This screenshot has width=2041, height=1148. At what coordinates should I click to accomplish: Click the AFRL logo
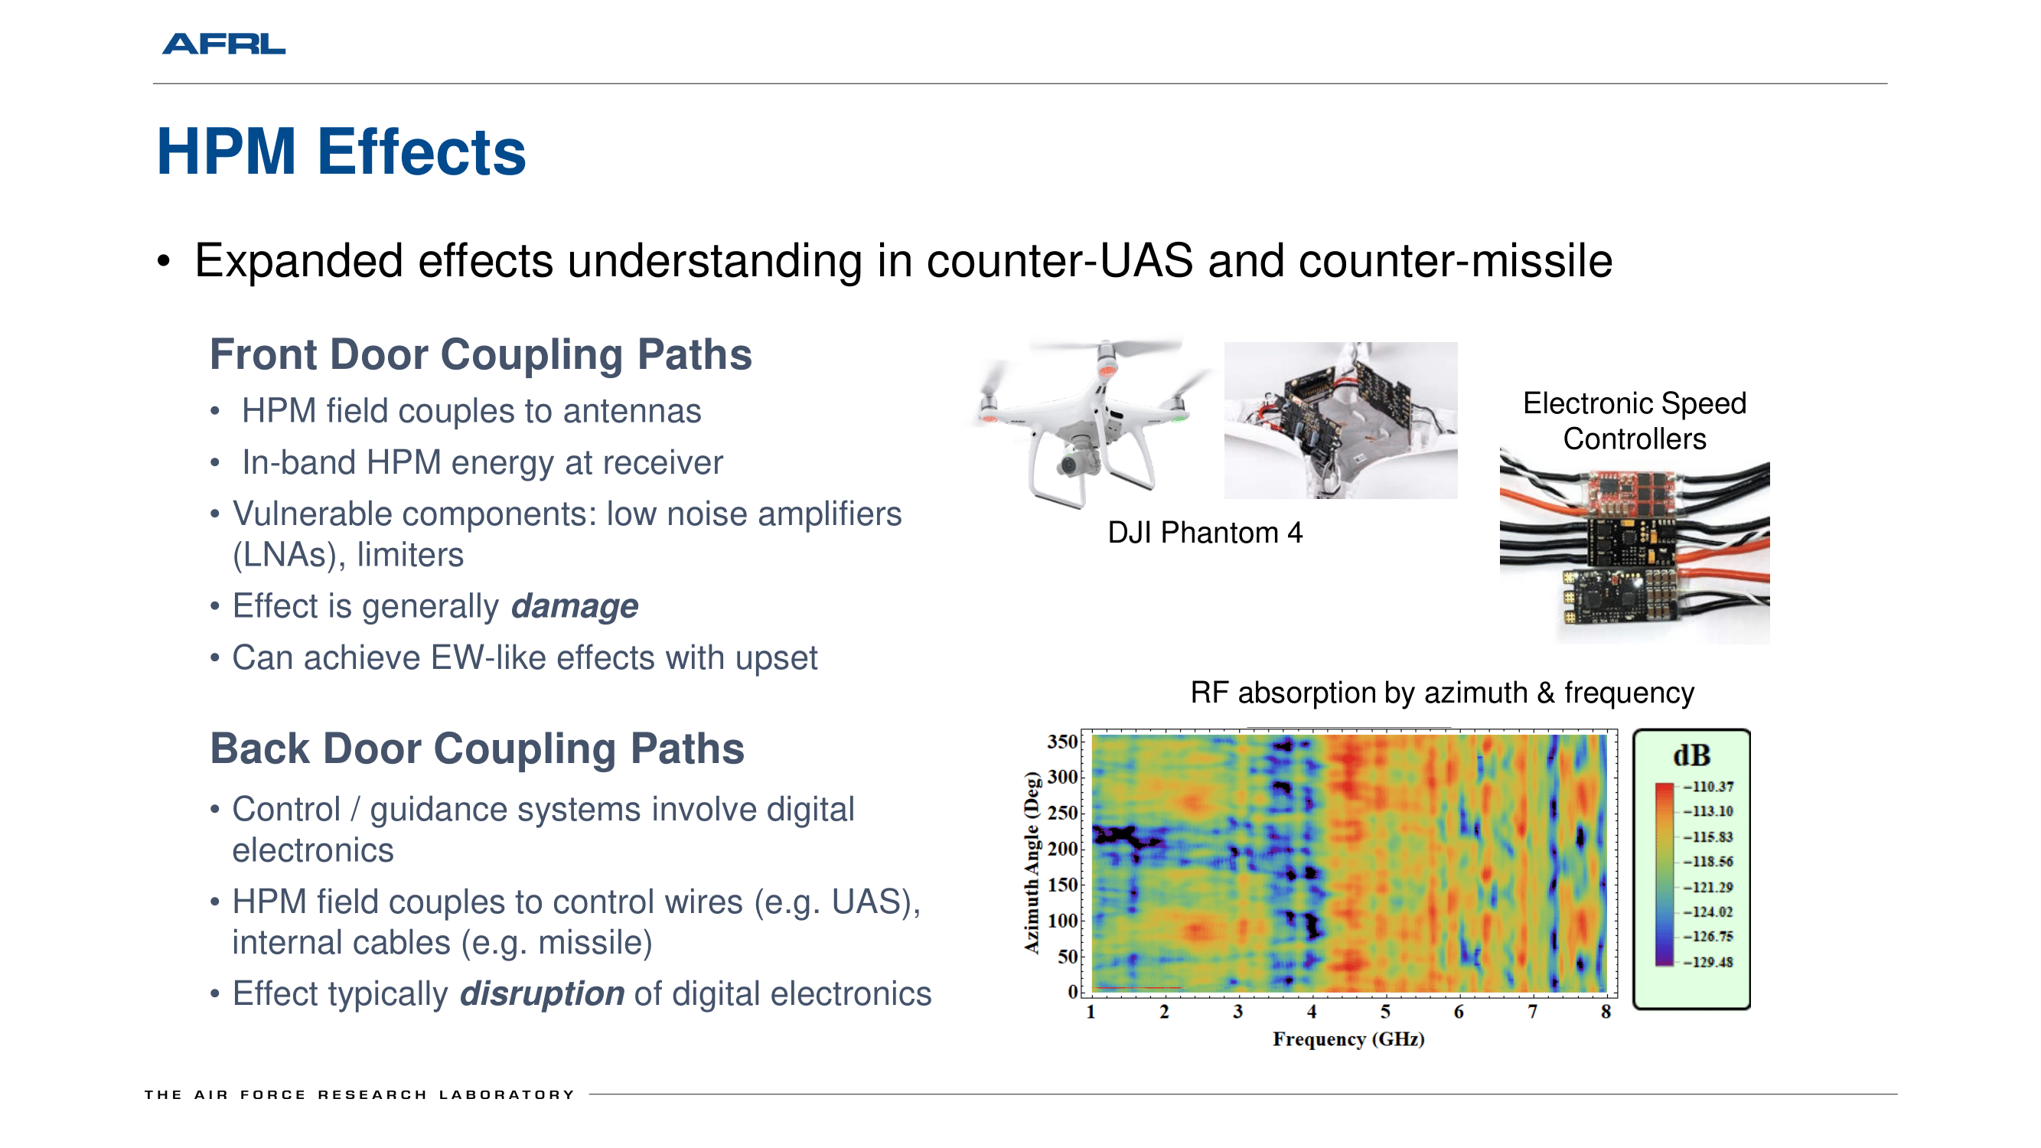pyautogui.click(x=223, y=44)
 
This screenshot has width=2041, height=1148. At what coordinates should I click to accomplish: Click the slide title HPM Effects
pyautogui.click(x=341, y=152)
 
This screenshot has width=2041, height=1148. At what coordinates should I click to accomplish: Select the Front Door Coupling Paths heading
pyautogui.click(x=480, y=354)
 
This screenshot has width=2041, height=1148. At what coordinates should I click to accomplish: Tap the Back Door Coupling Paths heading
pyautogui.click(x=477, y=748)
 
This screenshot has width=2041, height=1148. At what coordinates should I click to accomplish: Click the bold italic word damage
pyautogui.click(x=575, y=607)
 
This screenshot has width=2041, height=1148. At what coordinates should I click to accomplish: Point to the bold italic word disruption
pyautogui.click(x=542, y=993)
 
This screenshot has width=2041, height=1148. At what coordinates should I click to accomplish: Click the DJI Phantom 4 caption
pyautogui.click(x=1205, y=533)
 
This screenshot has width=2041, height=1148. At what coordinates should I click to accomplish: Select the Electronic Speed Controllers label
pyautogui.click(x=1635, y=421)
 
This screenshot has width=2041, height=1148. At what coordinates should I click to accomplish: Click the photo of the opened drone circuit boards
pyautogui.click(x=1341, y=421)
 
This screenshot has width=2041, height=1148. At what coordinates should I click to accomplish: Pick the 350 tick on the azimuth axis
pyautogui.click(x=1062, y=742)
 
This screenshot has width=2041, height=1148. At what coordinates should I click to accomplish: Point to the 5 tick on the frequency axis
pyautogui.click(x=1385, y=1012)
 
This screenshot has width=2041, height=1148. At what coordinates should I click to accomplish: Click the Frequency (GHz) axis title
pyautogui.click(x=1348, y=1039)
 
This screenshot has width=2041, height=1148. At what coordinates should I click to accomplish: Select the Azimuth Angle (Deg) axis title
pyautogui.click(x=1031, y=862)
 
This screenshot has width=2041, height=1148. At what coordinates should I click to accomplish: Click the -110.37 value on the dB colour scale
pyautogui.click(x=1708, y=787)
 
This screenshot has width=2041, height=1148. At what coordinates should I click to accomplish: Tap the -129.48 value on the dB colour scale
pyautogui.click(x=1708, y=962)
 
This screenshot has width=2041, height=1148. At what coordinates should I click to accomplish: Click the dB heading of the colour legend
pyautogui.click(x=1691, y=755)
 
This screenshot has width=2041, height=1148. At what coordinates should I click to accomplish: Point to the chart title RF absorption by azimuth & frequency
pyautogui.click(x=1442, y=693)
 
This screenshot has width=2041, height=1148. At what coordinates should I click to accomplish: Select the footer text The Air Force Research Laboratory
pyautogui.click(x=360, y=1095)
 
